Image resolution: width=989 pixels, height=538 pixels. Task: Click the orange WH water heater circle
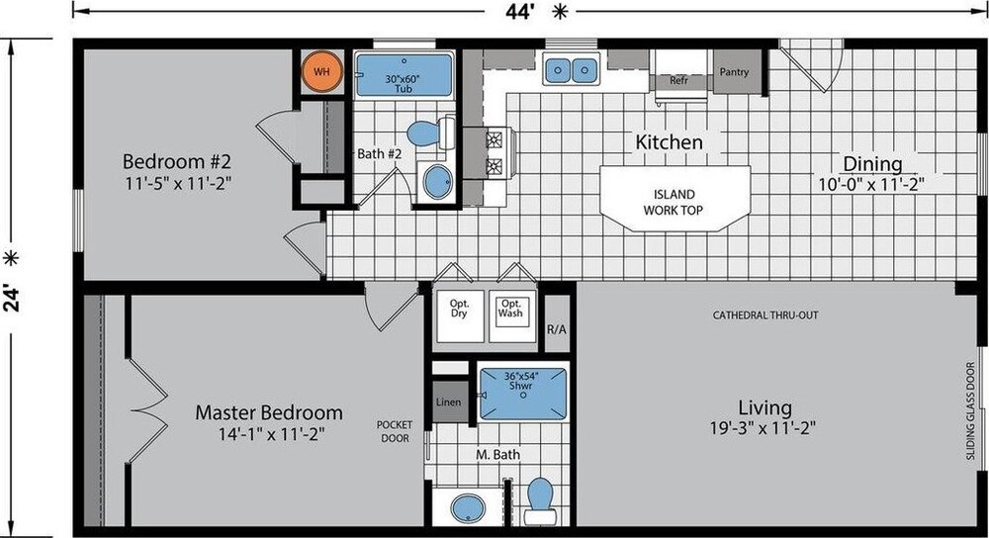(x=321, y=72)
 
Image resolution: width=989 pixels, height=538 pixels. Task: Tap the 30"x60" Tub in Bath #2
(x=405, y=74)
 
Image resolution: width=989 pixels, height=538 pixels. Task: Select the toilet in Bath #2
(x=431, y=133)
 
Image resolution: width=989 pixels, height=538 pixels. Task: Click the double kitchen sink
(x=571, y=69)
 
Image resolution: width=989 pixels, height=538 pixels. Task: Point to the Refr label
(x=678, y=81)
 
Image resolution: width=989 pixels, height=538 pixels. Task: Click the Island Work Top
(x=674, y=199)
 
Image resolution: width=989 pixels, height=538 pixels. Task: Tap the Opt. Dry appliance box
(x=460, y=316)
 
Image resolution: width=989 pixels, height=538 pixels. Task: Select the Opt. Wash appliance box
(x=512, y=316)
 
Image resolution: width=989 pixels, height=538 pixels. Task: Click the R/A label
(x=556, y=329)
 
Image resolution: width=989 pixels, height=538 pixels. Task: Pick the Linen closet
(x=450, y=402)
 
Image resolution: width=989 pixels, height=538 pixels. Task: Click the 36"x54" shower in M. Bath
(x=522, y=395)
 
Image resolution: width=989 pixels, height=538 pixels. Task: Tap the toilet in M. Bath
(x=540, y=500)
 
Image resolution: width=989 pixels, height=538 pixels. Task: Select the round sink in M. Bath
(x=468, y=507)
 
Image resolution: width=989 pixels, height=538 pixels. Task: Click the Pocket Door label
(x=395, y=431)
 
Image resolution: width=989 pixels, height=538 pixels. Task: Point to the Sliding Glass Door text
(x=971, y=410)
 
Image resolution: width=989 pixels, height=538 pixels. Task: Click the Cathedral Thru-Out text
(x=765, y=314)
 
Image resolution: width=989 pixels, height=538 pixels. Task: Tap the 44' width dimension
(x=520, y=11)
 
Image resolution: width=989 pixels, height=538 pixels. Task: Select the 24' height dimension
(x=11, y=297)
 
